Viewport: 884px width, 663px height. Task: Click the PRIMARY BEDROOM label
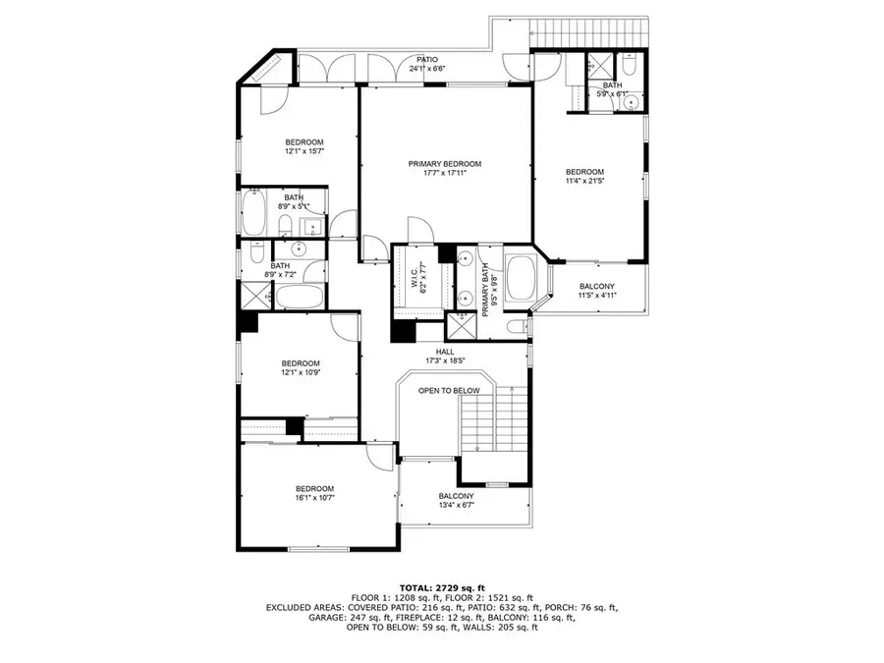(445, 163)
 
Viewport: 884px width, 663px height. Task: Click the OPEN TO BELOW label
(449, 390)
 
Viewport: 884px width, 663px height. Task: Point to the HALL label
(446, 351)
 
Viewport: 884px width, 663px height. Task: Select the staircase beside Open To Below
(511, 417)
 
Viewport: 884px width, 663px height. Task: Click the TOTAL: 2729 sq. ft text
(441, 585)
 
